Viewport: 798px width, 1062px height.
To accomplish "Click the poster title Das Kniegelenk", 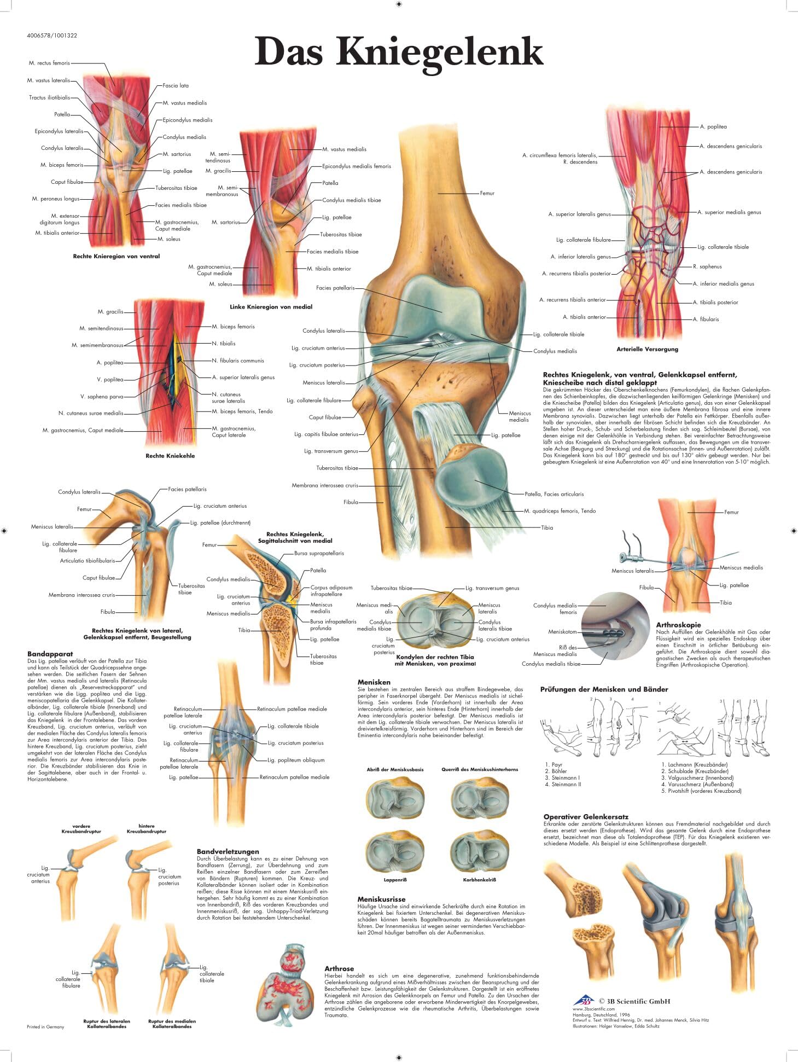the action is point(399,51).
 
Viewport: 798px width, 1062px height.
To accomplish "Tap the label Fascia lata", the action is point(176,86).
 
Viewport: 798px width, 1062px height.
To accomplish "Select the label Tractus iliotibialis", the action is point(50,98).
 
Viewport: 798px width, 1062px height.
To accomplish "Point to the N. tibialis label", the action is point(224,344).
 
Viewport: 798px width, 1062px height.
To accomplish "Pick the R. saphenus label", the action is point(707,267).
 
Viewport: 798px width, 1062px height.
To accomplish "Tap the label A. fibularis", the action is point(706,320).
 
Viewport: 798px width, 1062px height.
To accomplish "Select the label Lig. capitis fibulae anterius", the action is point(326,434).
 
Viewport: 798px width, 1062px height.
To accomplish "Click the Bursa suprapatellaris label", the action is point(319,553).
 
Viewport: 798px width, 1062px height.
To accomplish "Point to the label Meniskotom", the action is point(562,632).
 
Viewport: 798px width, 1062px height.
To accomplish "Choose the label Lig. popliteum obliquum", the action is point(296,760).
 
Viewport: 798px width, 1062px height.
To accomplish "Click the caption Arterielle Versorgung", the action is point(647,349).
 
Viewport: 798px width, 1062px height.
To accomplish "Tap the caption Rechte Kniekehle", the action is point(170,456).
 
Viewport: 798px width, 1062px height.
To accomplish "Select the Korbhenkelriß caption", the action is point(479,880).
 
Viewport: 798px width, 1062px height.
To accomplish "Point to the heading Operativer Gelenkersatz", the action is point(585,816).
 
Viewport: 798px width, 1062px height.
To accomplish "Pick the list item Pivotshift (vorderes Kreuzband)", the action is point(701,791).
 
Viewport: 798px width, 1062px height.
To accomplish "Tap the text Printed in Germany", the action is point(45,1027).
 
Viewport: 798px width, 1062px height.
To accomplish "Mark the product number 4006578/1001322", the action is point(52,36).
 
